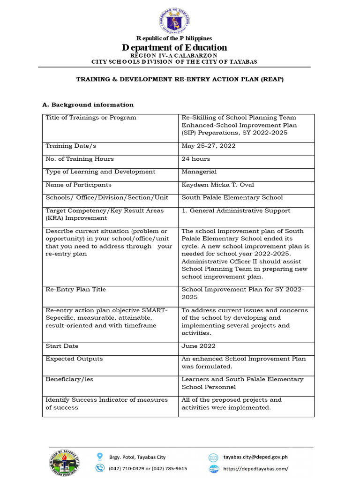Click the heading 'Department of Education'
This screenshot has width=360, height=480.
click(174, 47)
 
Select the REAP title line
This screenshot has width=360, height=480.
click(180, 79)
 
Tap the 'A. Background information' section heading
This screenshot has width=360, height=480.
click(88, 105)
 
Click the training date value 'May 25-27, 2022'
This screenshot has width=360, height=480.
click(209, 146)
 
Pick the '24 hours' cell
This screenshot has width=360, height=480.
click(196, 159)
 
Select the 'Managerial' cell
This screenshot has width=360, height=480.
click(199, 172)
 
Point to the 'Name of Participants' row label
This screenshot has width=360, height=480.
click(78, 185)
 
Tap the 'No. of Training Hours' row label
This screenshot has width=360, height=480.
click(79, 159)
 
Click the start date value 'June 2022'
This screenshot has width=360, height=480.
click(199, 346)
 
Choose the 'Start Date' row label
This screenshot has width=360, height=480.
click(62, 346)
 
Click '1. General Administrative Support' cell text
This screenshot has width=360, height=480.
click(236, 210)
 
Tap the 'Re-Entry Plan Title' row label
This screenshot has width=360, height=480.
click(75, 289)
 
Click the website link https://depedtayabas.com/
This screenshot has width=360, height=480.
click(256, 468)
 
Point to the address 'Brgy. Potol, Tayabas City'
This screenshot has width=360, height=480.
click(137, 457)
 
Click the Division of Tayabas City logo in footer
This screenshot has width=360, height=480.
click(65, 462)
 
